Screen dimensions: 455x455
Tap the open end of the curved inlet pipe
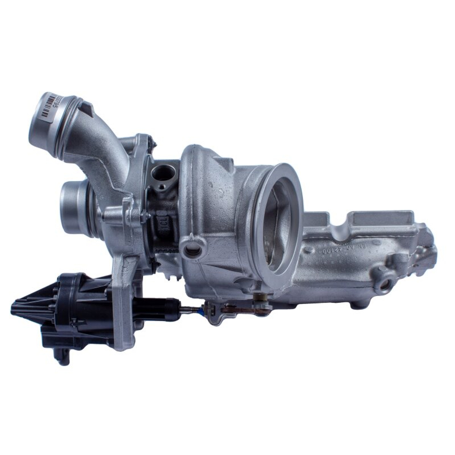[45, 119]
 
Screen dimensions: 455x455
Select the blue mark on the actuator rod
[199, 310]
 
